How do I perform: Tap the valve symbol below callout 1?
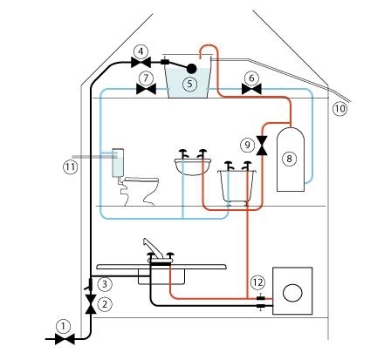[65, 339]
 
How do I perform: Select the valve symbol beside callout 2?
[91, 304]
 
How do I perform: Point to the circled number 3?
[105, 284]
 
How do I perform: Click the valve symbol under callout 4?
[141, 62]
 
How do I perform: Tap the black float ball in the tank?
[191, 69]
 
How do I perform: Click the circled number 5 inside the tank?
[189, 84]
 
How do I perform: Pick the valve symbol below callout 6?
[251, 89]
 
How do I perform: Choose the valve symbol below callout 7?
[147, 89]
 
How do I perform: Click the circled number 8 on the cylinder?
[289, 159]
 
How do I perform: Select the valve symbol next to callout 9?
[263, 146]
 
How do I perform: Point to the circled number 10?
[340, 109]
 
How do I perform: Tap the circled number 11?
[71, 167]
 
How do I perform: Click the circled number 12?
[257, 282]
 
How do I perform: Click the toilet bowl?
[141, 191]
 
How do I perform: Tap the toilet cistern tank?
[118, 163]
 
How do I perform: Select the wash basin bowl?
[193, 166]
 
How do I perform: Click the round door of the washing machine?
[292, 292]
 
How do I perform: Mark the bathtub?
[237, 186]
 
